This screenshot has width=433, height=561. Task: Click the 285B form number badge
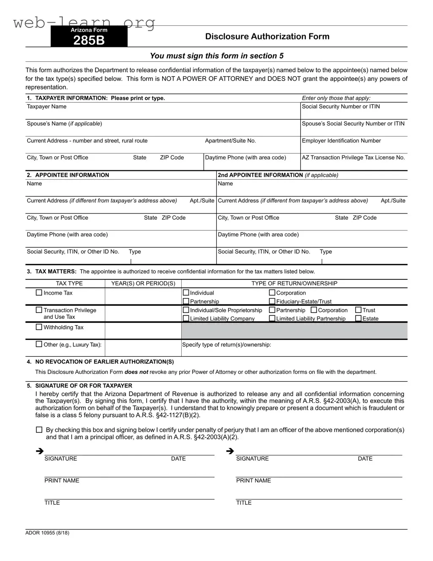pyautogui.click(x=89, y=37)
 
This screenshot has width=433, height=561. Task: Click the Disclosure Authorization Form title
pyautogui.click(x=267, y=36)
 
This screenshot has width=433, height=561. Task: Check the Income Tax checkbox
pyautogui.click(x=39, y=293)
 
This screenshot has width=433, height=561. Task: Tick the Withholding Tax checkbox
pyautogui.click(x=39, y=327)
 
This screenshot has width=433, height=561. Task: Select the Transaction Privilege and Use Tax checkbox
pyautogui.click(x=39, y=310)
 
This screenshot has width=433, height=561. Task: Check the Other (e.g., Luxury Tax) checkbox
pyautogui.click(x=39, y=344)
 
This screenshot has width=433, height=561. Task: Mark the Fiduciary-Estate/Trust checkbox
pyautogui.click(x=272, y=301)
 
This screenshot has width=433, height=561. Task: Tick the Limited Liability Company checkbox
pyautogui.click(x=186, y=318)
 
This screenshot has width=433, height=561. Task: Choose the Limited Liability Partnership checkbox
pyautogui.click(x=272, y=318)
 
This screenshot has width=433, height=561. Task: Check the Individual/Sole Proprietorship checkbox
pyautogui.click(x=186, y=310)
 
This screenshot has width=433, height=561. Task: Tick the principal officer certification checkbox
pyautogui.click(x=39, y=430)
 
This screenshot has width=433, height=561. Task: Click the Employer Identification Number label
pyautogui.click(x=341, y=141)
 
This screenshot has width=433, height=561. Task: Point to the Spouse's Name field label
pyautogui.click(x=64, y=124)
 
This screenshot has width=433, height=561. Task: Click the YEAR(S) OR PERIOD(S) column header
pyautogui.click(x=143, y=284)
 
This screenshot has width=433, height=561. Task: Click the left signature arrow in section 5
pyautogui.click(x=40, y=452)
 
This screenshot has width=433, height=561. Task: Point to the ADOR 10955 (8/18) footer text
pyautogui.click(x=47, y=533)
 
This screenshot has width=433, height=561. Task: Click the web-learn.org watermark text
pyautogui.click(x=84, y=22)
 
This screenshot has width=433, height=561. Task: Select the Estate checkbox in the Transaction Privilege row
pyautogui.click(x=358, y=318)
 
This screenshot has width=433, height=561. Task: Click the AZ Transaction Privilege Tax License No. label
pyautogui.click(x=353, y=158)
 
